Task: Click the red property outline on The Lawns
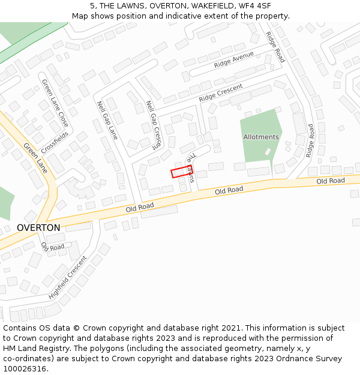coord(181,172)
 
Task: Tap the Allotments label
coord(261,137)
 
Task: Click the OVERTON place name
coord(38,228)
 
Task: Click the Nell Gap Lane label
coord(107,120)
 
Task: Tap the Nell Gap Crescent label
coord(154,124)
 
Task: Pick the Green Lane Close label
coord(55,103)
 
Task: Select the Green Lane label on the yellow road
coord(35,158)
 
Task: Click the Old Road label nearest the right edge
coord(331,181)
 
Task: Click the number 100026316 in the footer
coord(25,368)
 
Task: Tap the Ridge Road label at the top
coord(275,47)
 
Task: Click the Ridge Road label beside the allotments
coord(310,140)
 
